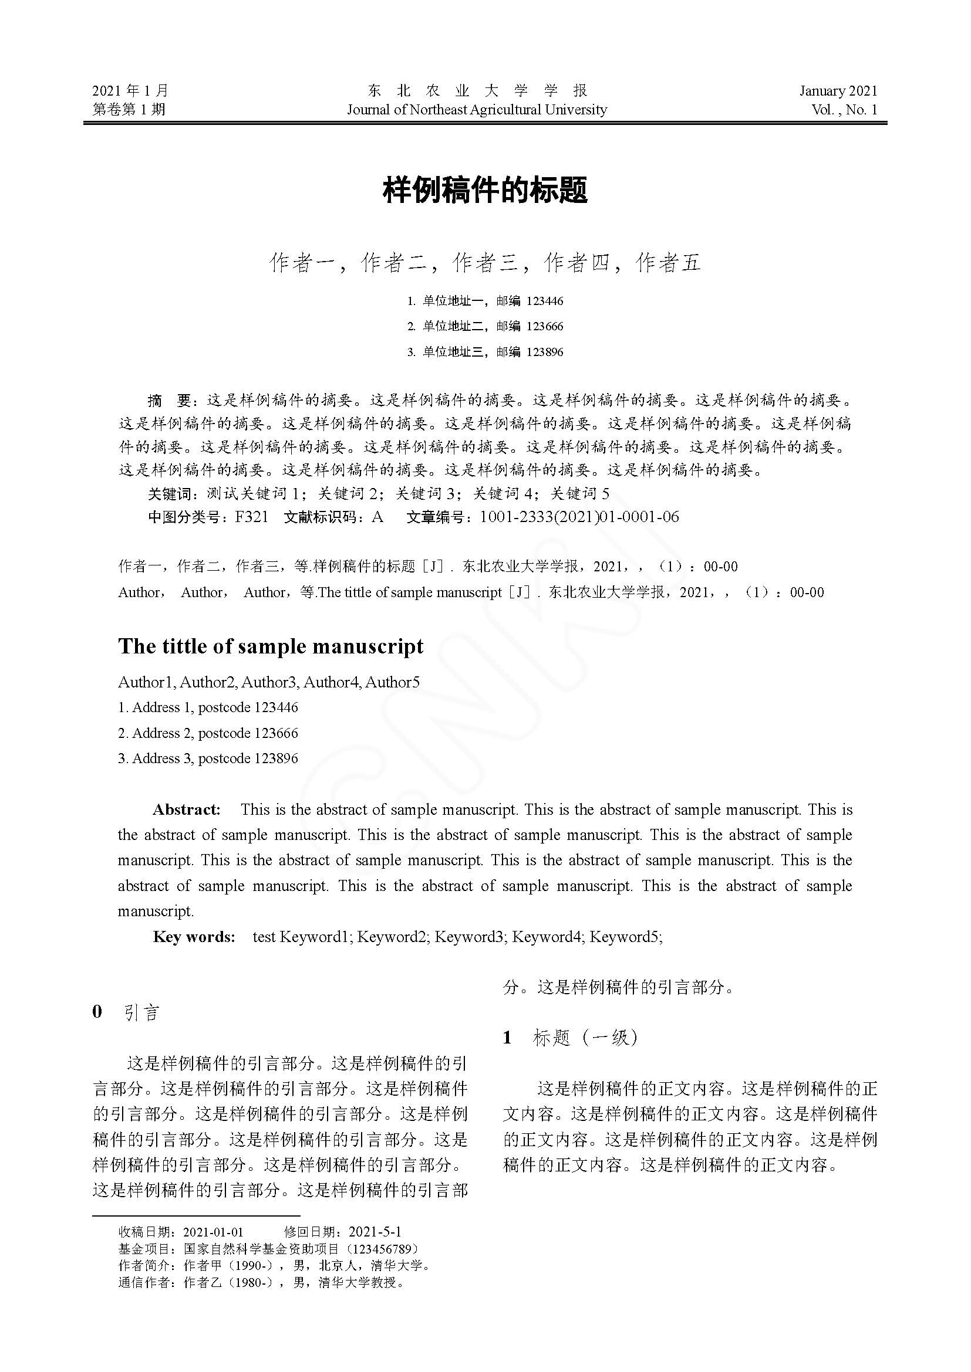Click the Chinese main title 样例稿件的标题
(x=485, y=190)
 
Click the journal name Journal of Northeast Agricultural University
(x=477, y=109)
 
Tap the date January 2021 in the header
(x=838, y=91)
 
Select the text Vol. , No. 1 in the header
(x=844, y=109)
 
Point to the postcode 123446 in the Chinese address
(x=545, y=301)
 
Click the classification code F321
(x=252, y=517)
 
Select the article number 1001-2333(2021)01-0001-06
(x=579, y=517)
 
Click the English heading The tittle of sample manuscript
(x=271, y=646)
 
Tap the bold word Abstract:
(x=187, y=809)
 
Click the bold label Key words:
(x=194, y=936)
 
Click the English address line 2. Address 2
(x=207, y=733)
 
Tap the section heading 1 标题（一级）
(x=571, y=1038)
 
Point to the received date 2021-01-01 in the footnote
(x=213, y=1232)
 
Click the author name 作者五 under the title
(x=668, y=263)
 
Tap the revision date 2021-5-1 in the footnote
(x=375, y=1232)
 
